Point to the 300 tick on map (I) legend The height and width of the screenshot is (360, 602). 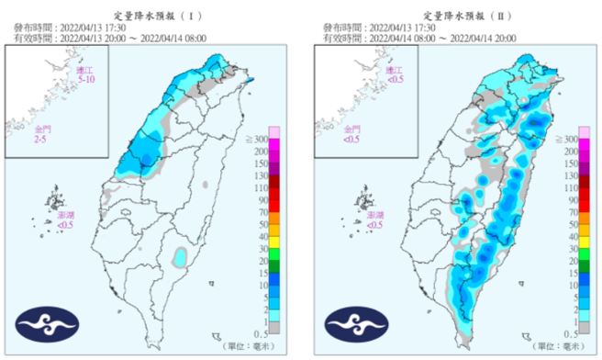pyautogui.click(x=285, y=138)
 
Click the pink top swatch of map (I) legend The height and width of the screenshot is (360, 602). pyautogui.click(x=273, y=132)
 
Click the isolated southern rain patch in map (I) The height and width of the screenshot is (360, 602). pyautogui.click(x=181, y=254)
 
